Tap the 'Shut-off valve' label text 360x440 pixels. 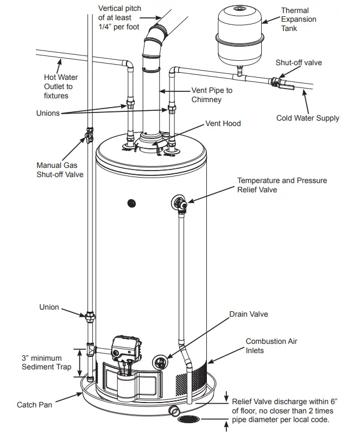pyautogui.click(x=298, y=63)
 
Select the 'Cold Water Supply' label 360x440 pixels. pyautogui.click(x=307, y=118)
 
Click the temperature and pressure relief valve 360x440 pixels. pyautogui.click(x=181, y=203)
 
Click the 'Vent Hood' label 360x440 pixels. pyautogui.click(x=223, y=124)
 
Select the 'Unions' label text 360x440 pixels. pyautogui.click(x=48, y=114)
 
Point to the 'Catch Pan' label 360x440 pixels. pyautogui.click(x=34, y=405)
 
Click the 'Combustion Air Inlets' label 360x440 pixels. pyautogui.click(x=271, y=346)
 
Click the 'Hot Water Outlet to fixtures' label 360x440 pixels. pyautogui.click(x=56, y=86)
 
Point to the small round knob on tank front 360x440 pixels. pyautogui.click(x=131, y=203)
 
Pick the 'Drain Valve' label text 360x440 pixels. pyautogui.click(x=248, y=315)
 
